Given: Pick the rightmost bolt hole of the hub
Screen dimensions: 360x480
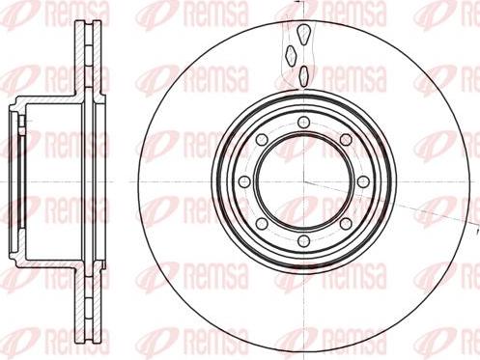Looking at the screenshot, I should point(363,181).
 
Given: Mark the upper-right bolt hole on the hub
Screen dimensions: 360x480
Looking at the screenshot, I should point(346,139).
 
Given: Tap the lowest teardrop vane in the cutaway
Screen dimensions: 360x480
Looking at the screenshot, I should point(303,74).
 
